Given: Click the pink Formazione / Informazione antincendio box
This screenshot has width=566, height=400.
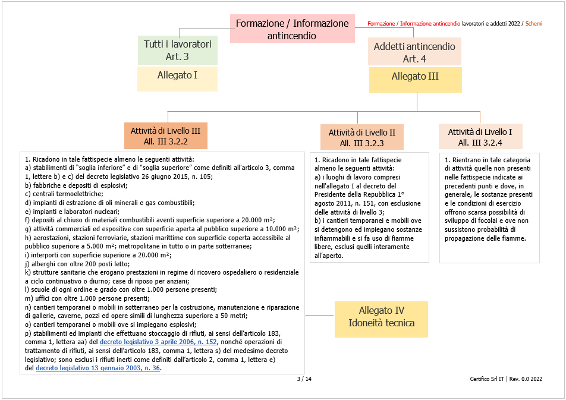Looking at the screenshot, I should coord(292,29).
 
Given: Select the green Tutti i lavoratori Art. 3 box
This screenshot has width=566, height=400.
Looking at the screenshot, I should coord(177,51).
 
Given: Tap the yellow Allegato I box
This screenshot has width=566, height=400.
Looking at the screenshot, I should coord(177,75).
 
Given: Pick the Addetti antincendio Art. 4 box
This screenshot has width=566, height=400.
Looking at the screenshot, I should coord(414,52).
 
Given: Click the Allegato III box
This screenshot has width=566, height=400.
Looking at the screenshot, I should coord(414,77).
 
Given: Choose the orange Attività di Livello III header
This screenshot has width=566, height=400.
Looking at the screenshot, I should coord(165,136).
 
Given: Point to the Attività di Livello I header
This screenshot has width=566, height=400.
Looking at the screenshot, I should coord(480,137).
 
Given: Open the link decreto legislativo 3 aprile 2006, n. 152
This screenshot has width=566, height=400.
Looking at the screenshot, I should coord(159,342).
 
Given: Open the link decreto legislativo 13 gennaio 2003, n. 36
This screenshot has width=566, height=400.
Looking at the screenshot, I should coord(98,368).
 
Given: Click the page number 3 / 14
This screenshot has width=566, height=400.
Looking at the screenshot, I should coord(304,379).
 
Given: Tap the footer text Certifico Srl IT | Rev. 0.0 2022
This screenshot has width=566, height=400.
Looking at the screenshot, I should coord(505,379).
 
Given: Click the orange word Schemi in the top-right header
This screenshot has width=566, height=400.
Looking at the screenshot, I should coord(534,24).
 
